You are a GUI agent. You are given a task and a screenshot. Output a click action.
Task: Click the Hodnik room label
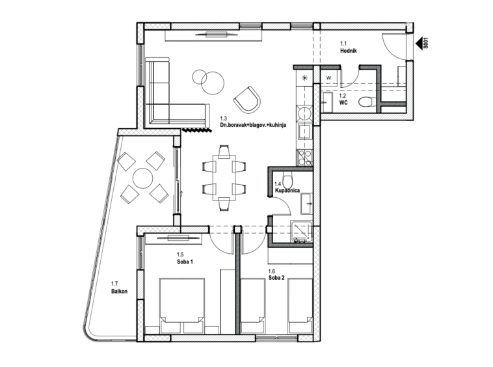349,51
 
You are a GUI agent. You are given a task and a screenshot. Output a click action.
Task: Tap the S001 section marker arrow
420,44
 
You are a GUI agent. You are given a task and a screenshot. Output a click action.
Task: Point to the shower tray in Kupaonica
302,232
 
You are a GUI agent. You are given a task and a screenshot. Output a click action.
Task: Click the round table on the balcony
142,178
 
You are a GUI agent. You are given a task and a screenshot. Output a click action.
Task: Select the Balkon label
119,292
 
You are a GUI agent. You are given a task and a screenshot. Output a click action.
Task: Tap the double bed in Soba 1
182,305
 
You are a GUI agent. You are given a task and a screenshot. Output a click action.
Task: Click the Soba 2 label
276,278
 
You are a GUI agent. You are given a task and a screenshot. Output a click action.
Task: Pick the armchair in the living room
247,100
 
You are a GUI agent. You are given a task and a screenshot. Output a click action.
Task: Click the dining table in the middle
224,178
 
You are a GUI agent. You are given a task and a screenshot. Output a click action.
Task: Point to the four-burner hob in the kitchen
304,157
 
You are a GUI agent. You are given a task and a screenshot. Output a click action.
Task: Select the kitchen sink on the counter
304,131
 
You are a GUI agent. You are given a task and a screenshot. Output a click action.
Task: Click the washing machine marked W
329,77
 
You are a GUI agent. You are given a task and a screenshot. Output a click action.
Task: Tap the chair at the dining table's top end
224,151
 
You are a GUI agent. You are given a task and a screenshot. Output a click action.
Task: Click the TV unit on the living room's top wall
214,35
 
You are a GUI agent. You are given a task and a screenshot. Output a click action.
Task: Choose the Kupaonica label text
287,190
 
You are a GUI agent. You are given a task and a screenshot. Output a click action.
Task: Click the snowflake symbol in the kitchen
304,78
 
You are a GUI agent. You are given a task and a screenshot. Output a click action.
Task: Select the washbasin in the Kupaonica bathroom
306,204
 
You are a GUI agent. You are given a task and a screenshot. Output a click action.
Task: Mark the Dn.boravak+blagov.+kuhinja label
253,125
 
